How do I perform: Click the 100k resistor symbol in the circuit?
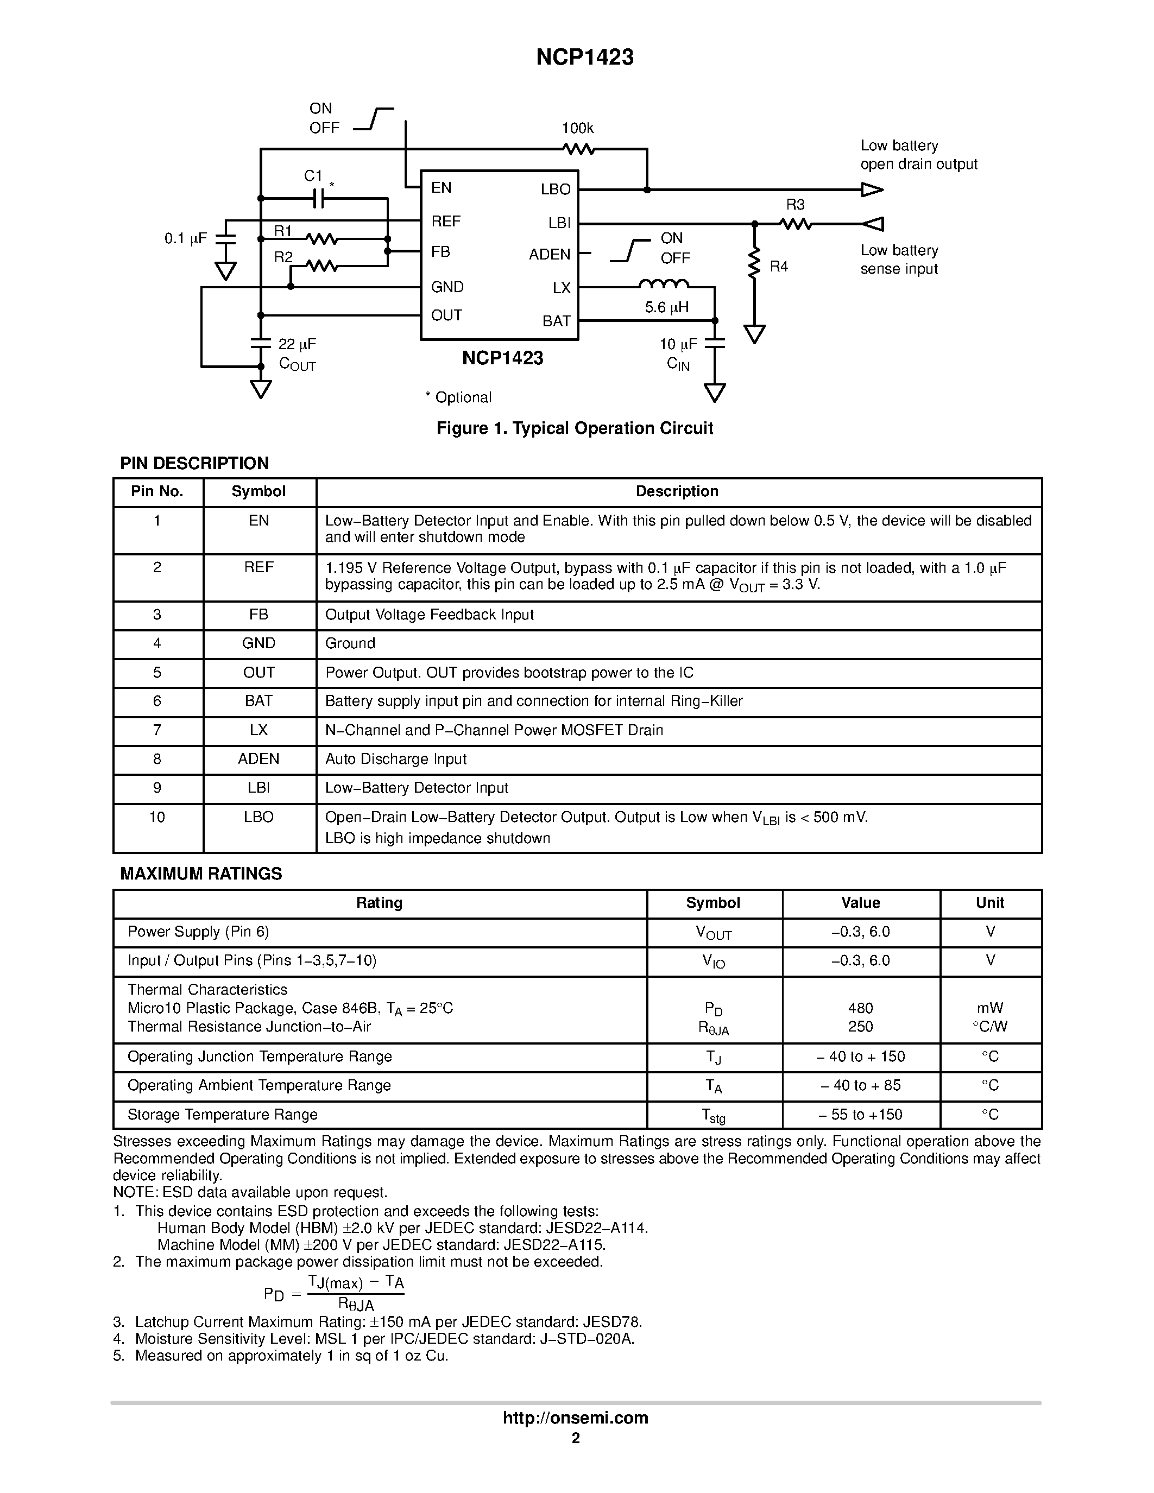(x=578, y=148)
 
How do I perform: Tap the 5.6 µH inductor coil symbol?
(x=664, y=284)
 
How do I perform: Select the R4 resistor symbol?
(x=755, y=264)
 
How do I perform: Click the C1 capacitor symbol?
(x=317, y=198)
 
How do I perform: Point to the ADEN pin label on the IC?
(x=549, y=254)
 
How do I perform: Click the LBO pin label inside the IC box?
(x=555, y=189)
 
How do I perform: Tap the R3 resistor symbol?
(x=795, y=224)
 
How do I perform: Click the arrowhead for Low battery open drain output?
(x=872, y=189)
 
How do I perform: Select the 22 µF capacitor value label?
(x=297, y=344)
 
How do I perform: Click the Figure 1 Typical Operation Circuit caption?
(x=574, y=428)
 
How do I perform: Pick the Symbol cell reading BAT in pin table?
(x=258, y=701)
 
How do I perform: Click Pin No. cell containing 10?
(x=157, y=817)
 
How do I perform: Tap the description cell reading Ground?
(x=350, y=643)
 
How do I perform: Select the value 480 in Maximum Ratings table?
(x=860, y=1008)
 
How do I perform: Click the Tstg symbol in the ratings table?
(x=713, y=1115)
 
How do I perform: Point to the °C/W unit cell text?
(x=989, y=1026)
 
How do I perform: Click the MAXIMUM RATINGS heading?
(x=201, y=874)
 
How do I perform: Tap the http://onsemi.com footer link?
(x=575, y=1418)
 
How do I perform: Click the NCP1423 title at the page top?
(x=584, y=58)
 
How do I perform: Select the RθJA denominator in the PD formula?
(x=356, y=1305)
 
